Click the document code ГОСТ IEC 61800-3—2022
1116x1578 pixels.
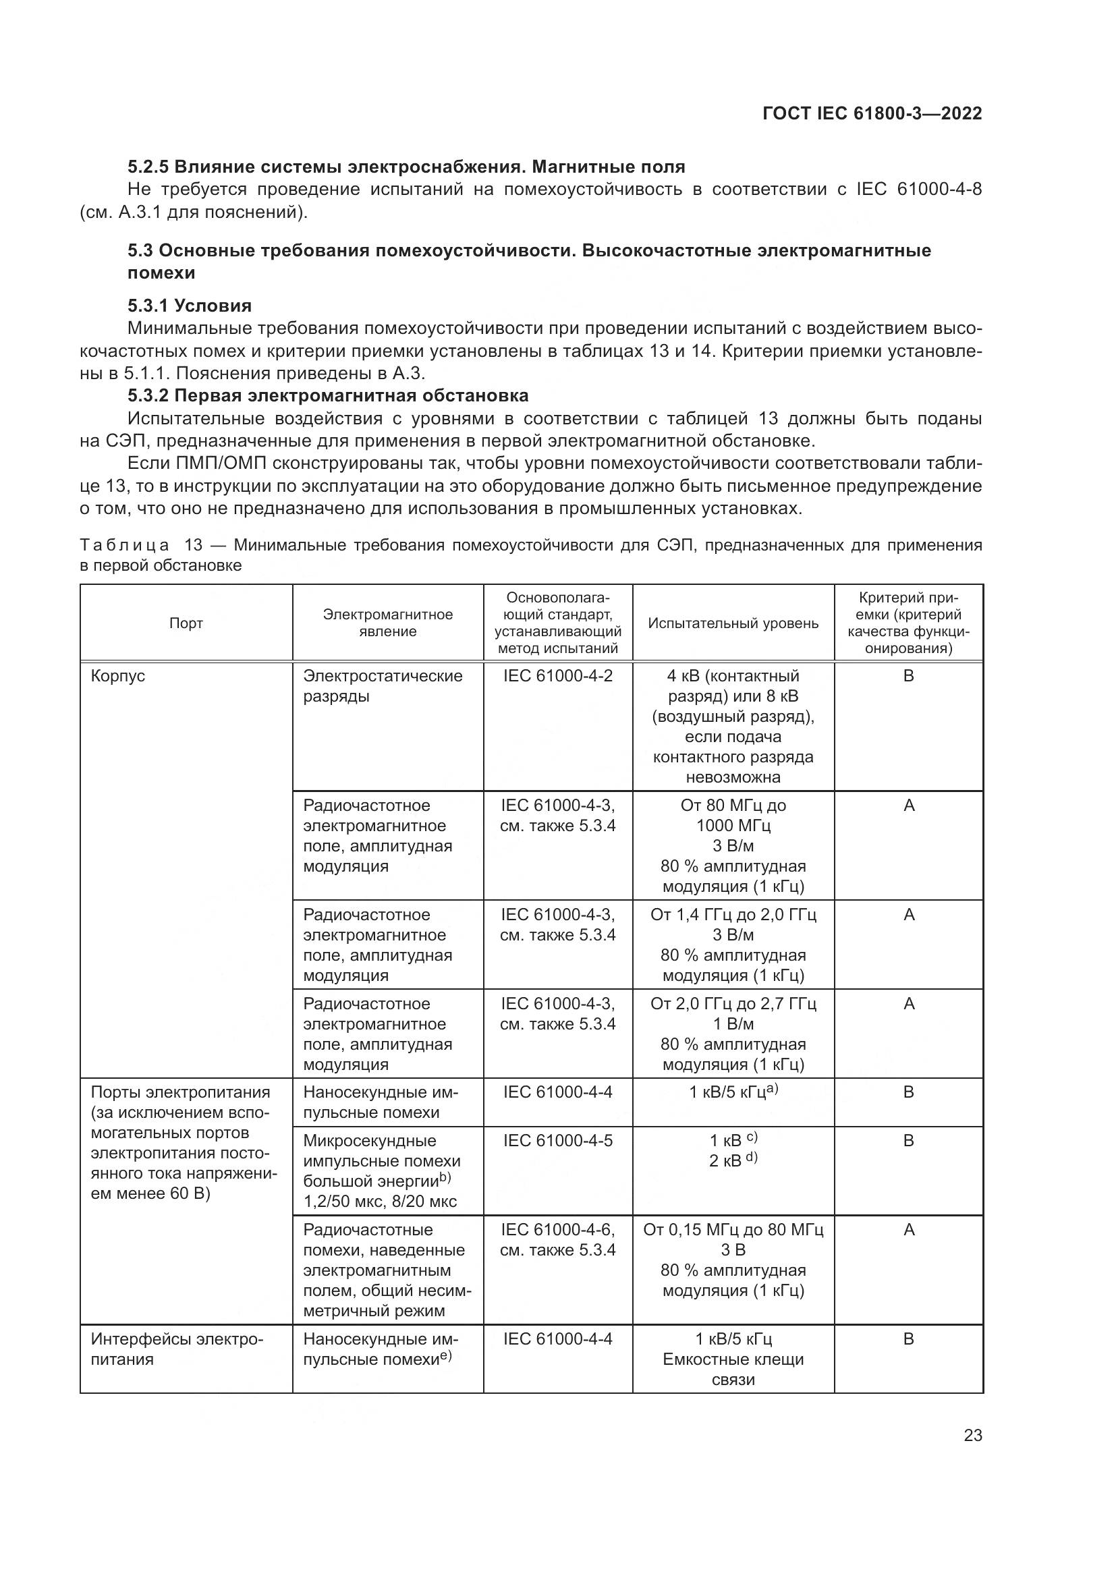(872, 113)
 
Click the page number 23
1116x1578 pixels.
(973, 1435)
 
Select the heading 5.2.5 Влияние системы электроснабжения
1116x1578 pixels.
(406, 167)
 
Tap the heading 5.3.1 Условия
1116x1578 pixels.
(190, 305)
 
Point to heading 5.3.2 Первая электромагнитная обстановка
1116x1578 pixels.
(328, 395)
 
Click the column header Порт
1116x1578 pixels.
(186, 623)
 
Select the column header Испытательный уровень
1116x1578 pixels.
(733, 623)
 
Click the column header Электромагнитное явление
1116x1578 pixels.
(387, 623)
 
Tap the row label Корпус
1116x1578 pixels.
(118, 675)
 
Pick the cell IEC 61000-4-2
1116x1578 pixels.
(557, 675)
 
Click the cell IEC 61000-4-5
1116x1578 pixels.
(557, 1140)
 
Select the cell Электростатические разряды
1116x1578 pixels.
(382, 686)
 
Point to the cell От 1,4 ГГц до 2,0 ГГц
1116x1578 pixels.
(733, 915)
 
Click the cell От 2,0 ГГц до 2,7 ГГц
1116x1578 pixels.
(733, 1004)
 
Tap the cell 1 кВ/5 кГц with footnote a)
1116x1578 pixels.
(733, 1092)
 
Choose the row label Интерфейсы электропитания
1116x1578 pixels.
(177, 1349)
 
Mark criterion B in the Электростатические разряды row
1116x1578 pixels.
(908, 675)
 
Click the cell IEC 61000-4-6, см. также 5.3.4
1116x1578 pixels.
(557, 1239)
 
